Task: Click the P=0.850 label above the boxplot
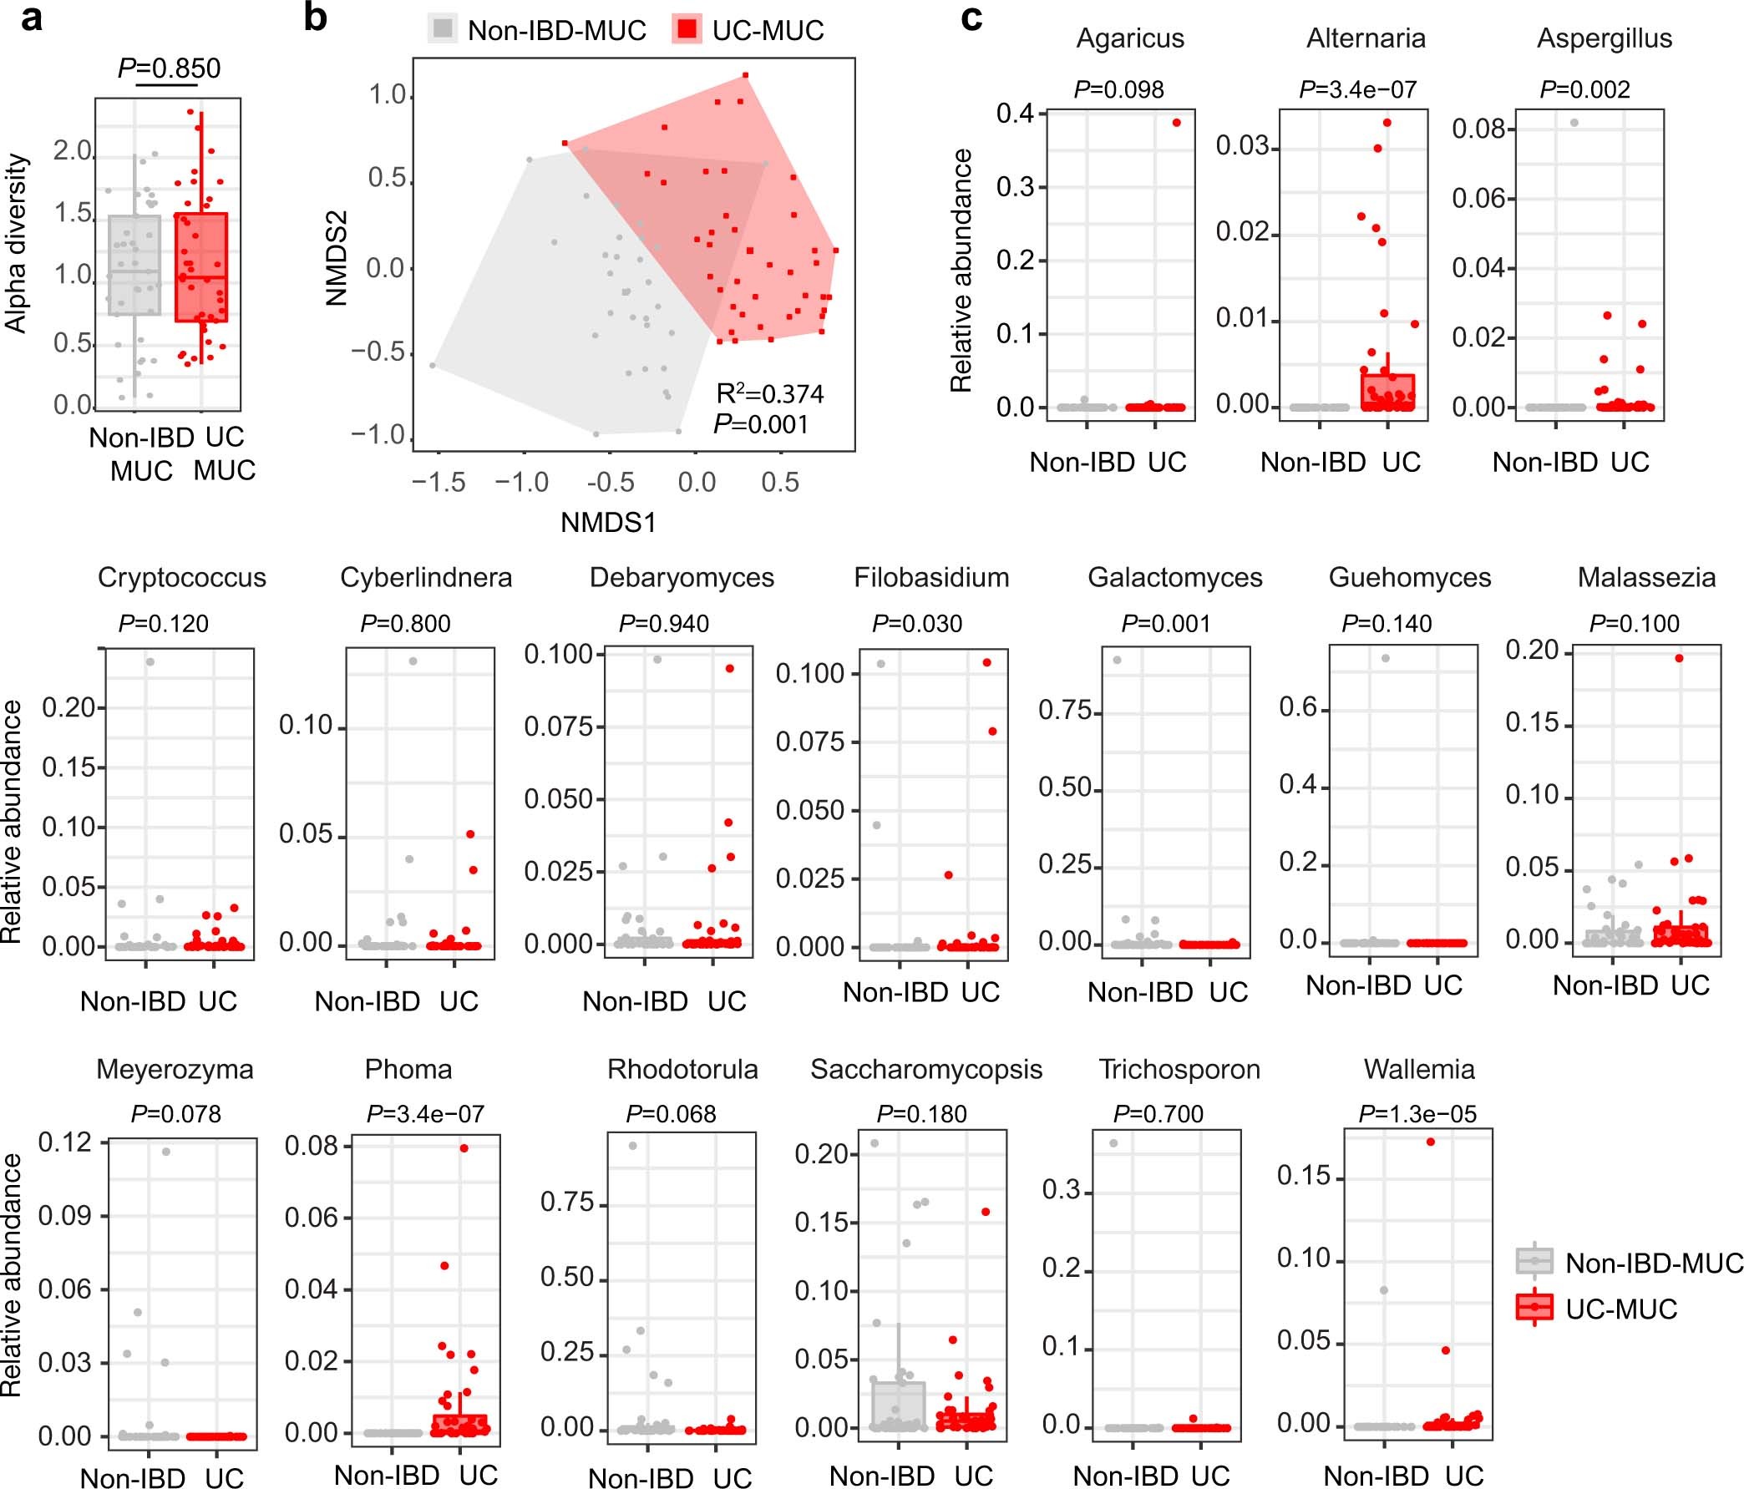pyautogui.click(x=169, y=68)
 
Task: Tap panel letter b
pyautogui.click(x=315, y=18)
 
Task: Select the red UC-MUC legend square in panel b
pyautogui.click(x=687, y=29)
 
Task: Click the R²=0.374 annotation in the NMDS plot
pyautogui.click(x=769, y=394)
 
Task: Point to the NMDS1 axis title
pyautogui.click(x=608, y=523)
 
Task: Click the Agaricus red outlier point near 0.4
pyautogui.click(x=1176, y=123)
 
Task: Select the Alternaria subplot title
pyautogui.click(x=1366, y=38)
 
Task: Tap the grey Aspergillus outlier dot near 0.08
pyautogui.click(x=1574, y=123)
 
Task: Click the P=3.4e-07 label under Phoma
pyautogui.click(x=425, y=1113)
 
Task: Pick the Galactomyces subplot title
pyautogui.click(x=1174, y=577)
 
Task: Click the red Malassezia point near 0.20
pyautogui.click(x=1678, y=658)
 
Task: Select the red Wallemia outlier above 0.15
pyautogui.click(x=1430, y=1142)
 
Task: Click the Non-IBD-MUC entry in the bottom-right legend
pyautogui.click(x=1652, y=1263)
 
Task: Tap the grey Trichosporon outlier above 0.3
pyautogui.click(x=1113, y=1143)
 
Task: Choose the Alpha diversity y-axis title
pyautogui.click(x=17, y=243)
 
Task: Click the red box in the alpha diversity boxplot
pyautogui.click(x=200, y=266)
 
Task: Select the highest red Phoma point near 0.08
pyautogui.click(x=464, y=1148)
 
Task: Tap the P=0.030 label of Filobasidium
pyautogui.click(x=916, y=624)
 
